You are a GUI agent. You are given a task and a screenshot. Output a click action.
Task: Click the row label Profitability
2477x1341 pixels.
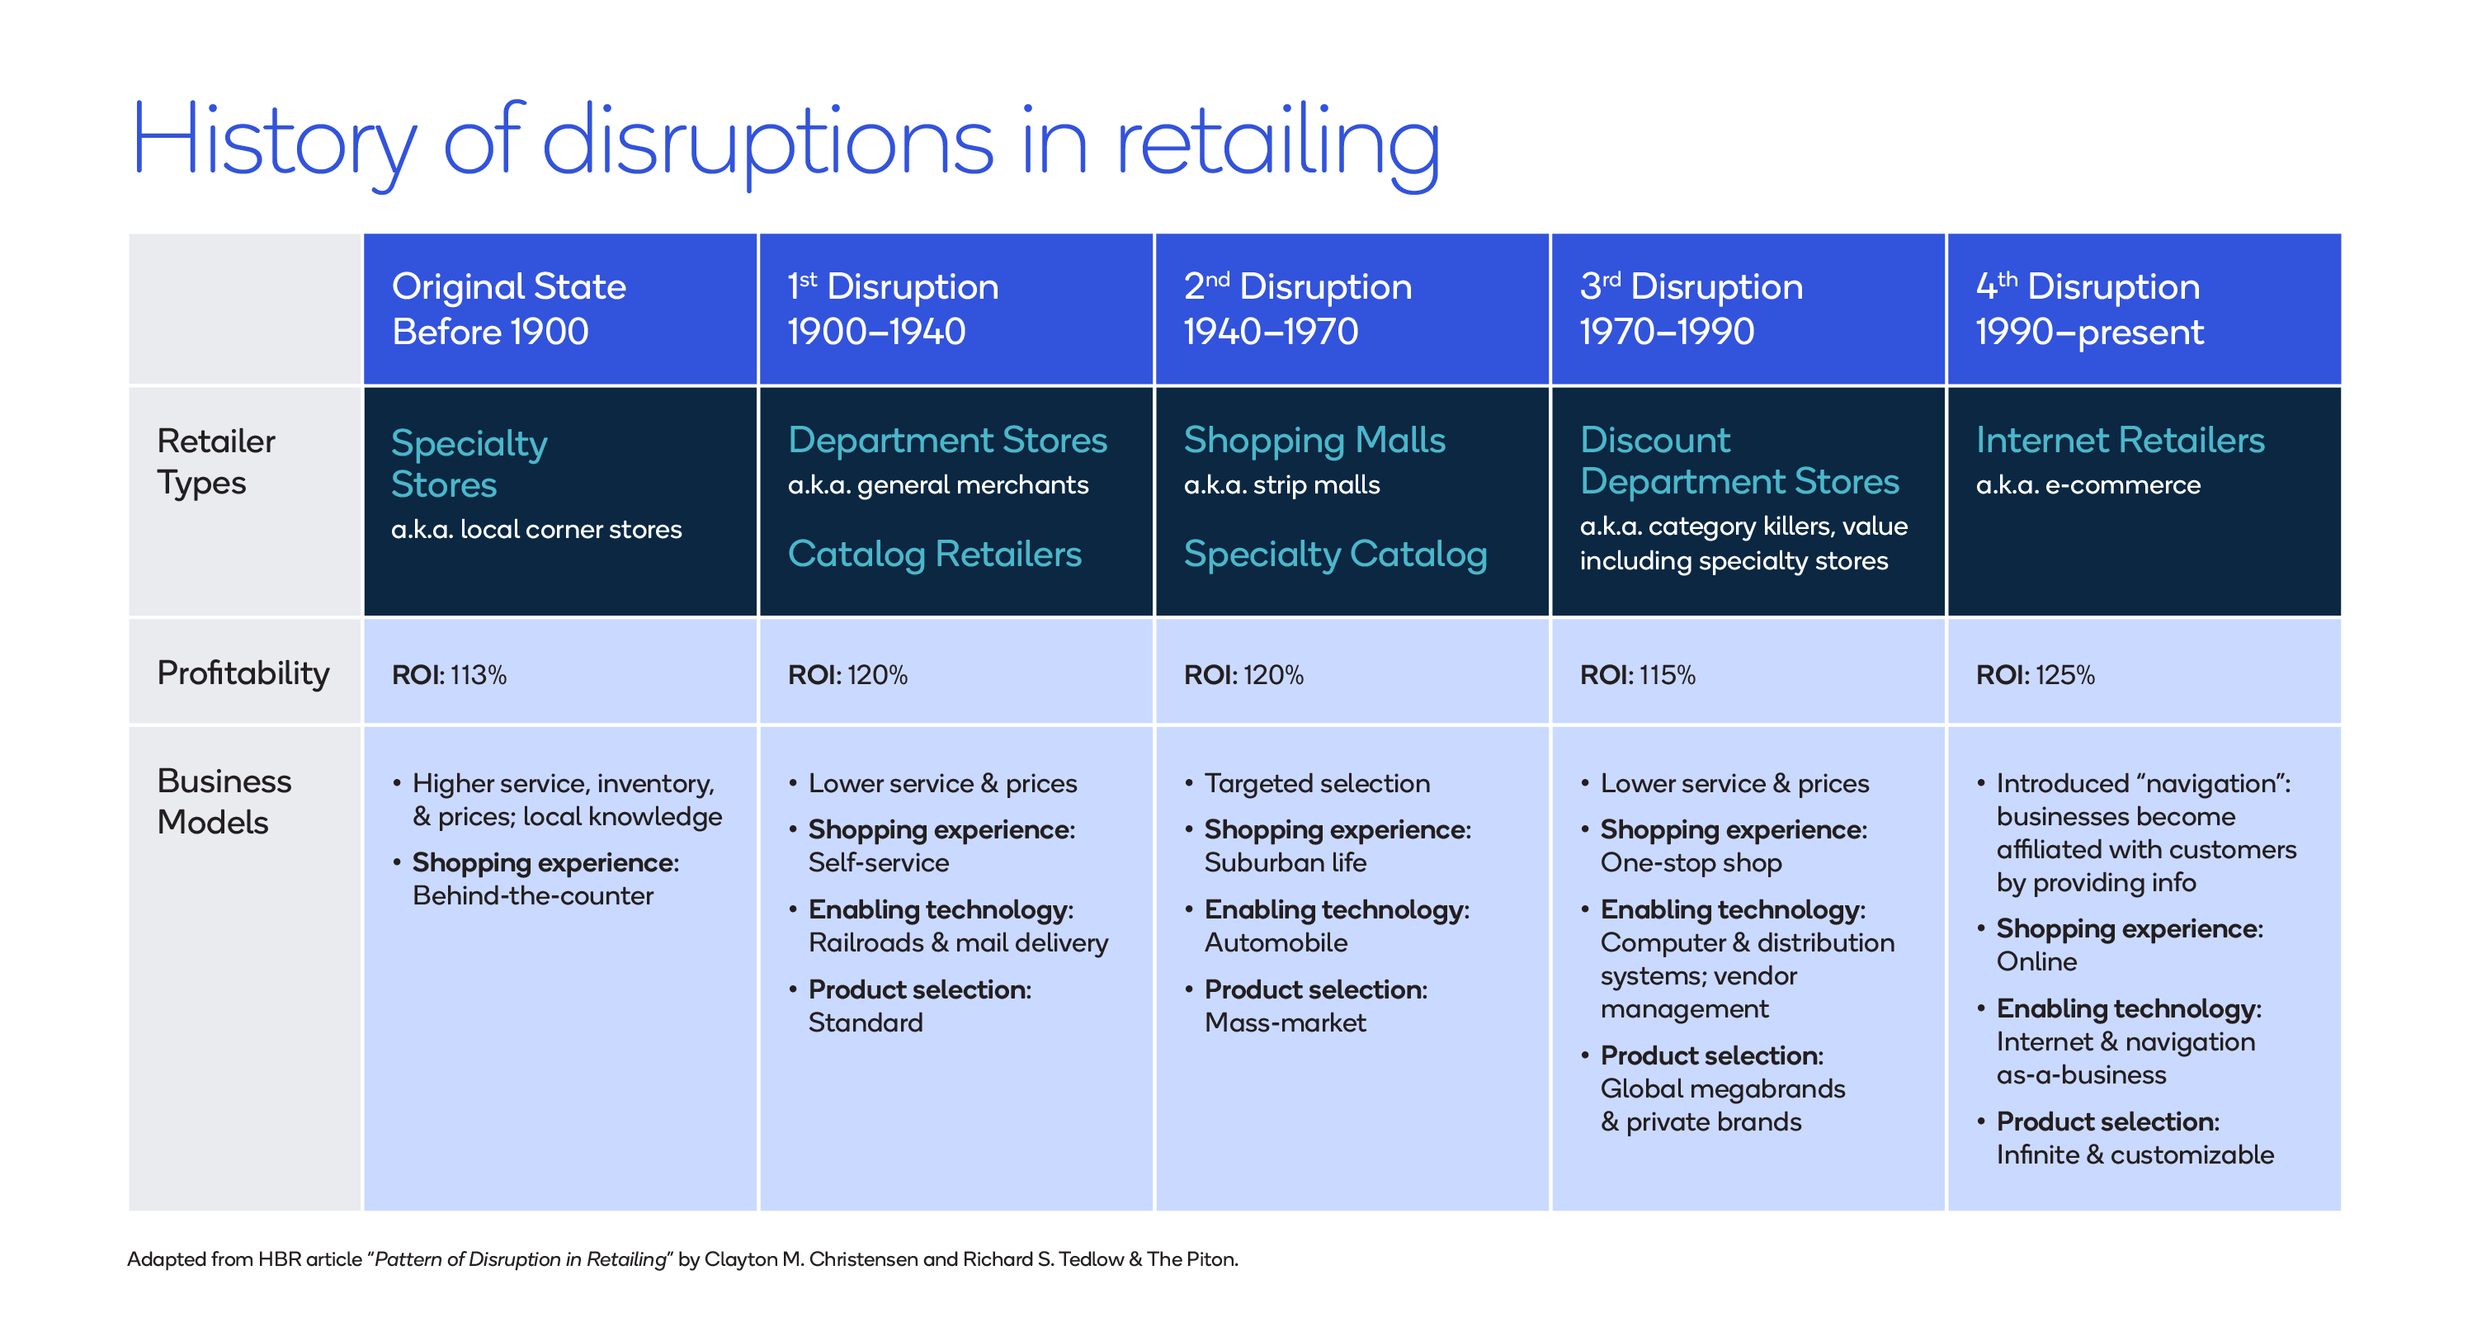coord(243,673)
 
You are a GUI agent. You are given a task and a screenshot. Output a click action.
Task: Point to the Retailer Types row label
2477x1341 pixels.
coord(215,462)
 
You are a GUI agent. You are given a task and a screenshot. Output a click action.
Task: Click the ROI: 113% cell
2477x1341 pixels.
coord(448,675)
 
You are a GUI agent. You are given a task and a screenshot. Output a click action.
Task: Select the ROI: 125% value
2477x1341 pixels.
coord(2034,675)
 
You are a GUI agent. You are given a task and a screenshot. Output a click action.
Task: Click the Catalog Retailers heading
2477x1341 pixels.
coord(934,554)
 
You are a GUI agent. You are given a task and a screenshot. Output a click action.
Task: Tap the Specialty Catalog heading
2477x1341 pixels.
coord(1335,554)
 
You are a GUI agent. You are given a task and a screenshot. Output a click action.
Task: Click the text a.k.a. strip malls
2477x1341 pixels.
coord(1281,485)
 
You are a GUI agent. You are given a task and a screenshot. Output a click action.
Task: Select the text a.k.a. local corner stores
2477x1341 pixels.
coord(536,529)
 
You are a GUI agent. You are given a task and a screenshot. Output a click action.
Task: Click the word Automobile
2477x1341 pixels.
coord(1275,942)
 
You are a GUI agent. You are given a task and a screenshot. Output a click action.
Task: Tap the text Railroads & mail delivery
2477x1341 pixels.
coord(958,942)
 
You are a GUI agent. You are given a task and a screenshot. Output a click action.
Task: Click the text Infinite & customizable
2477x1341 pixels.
coord(2134,1154)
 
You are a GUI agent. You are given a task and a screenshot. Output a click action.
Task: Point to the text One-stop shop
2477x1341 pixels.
coord(1690,863)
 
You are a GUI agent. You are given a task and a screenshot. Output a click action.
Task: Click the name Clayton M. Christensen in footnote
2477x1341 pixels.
coord(809,1259)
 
